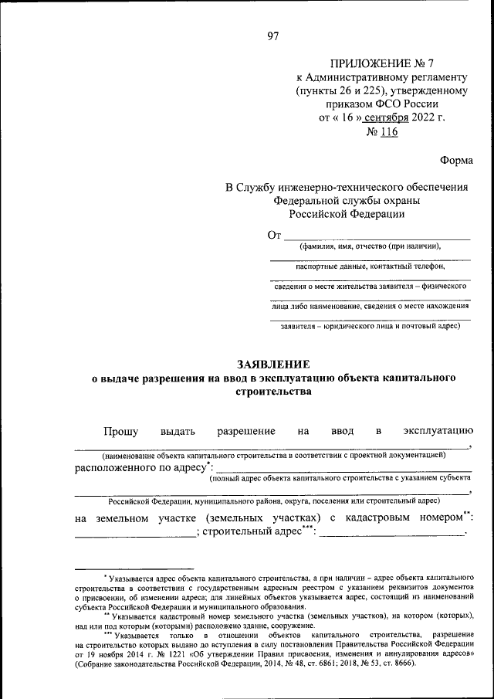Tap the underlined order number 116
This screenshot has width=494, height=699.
pyautogui.click(x=387, y=132)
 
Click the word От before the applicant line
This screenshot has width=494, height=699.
pyautogui.click(x=275, y=235)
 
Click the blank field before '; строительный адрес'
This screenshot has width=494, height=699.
pyautogui.click(x=136, y=534)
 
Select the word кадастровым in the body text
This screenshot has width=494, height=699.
pyautogui.click(x=365, y=517)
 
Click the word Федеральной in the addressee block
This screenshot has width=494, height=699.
pyautogui.click(x=306, y=201)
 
